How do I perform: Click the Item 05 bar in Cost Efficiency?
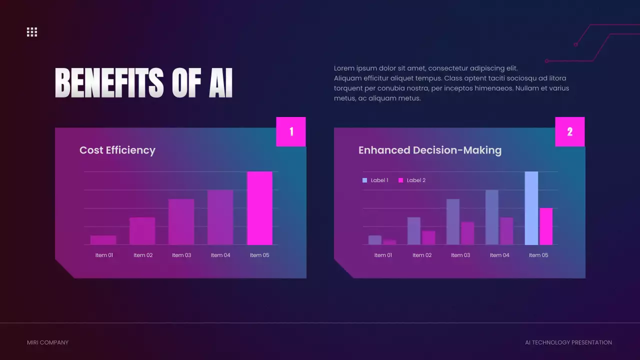click(259, 208)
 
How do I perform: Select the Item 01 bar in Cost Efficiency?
click(103, 240)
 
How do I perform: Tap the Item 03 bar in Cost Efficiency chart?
click(181, 222)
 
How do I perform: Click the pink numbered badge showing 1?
click(291, 131)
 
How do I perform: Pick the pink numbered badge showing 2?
click(569, 131)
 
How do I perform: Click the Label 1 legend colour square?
click(364, 180)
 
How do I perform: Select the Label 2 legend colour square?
click(400, 180)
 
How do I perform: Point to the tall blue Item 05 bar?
click(531, 208)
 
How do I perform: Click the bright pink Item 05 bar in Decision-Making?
click(546, 226)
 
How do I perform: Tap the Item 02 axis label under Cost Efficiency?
click(143, 255)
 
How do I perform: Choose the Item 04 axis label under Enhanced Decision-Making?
click(499, 255)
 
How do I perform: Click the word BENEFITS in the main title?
click(109, 83)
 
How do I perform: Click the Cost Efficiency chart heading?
click(117, 150)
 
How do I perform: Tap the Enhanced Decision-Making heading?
click(430, 150)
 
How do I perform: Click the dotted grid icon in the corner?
click(32, 32)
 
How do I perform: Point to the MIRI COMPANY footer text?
click(47, 342)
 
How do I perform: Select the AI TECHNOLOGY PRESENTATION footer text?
click(568, 342)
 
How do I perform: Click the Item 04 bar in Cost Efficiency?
click(220, 217)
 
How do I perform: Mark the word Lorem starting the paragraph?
click(344, 68)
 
